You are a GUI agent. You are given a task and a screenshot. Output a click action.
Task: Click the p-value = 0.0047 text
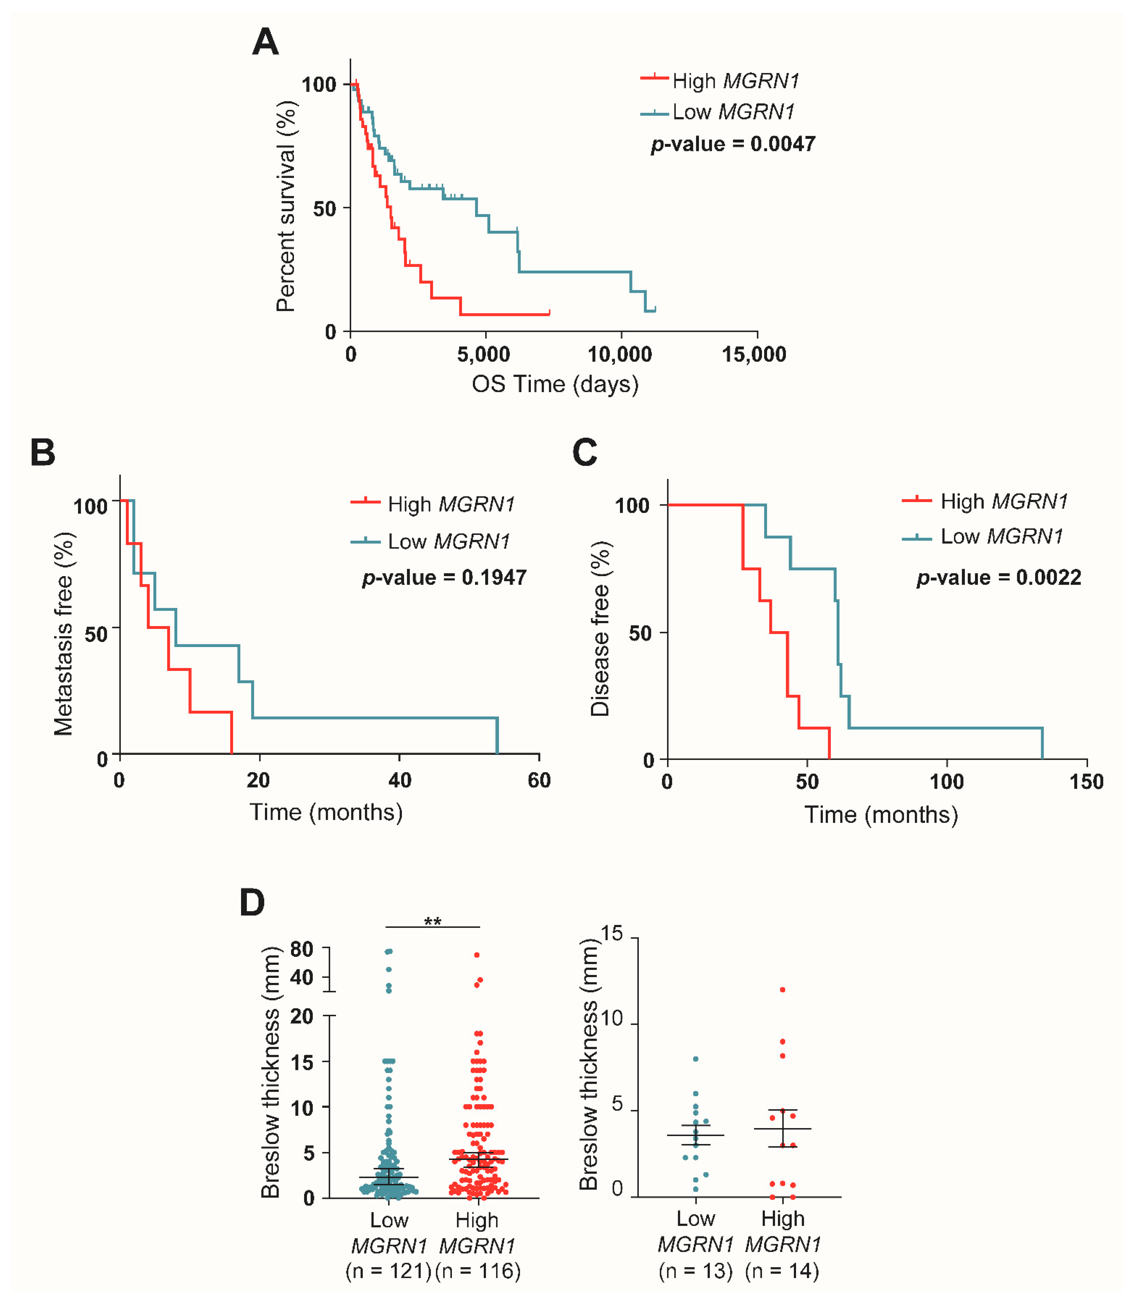pyautogui.click(x=733, y=144)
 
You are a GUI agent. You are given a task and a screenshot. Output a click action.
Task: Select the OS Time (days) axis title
pyautogui.click(x=555, y=384)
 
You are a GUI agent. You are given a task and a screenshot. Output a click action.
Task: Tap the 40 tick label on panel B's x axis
pyautogui.click(x=399, y=780)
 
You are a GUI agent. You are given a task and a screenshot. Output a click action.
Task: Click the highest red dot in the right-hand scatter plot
pyautogui.click(x=783, y=990)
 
